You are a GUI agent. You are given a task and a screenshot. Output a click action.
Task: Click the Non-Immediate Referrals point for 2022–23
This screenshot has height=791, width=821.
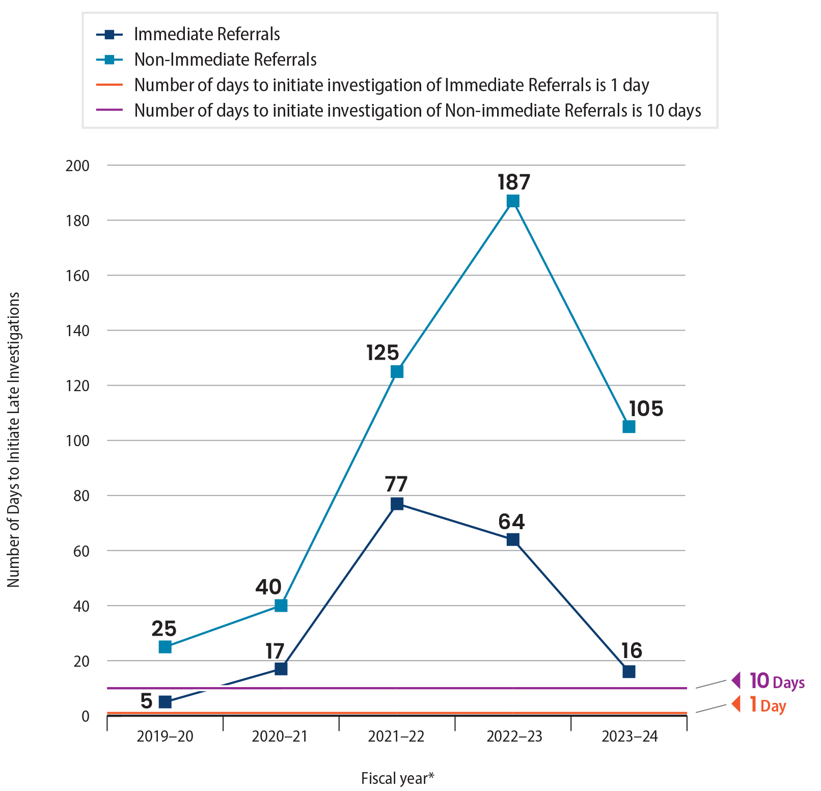[x=513, y=201]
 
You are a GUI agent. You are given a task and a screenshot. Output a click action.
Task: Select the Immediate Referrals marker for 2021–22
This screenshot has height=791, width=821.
[x=397, y=504]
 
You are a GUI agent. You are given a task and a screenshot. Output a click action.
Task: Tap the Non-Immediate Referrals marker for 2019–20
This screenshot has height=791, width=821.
[x=165, y=647]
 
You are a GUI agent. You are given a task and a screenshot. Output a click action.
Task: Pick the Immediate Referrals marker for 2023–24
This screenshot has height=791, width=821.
[x=629, y=671]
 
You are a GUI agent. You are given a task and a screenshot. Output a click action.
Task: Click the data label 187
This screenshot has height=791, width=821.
[x=514, y=182]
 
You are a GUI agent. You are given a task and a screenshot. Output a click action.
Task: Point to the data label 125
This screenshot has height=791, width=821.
[x=382, y=352]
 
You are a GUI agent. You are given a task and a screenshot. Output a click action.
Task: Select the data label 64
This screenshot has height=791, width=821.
[x=511, y=522]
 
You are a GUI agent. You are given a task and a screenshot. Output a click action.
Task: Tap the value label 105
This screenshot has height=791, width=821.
[x=646, y=408]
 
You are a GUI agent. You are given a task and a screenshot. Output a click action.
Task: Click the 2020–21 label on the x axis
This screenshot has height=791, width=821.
[x=280, y=737]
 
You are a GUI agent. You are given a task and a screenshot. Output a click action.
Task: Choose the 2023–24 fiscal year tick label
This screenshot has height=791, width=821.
[x=630, y=737]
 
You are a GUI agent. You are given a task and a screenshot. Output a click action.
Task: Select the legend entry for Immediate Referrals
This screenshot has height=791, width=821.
[x=207, y=34]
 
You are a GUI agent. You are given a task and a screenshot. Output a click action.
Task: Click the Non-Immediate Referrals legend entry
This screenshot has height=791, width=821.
[x=225, y=60]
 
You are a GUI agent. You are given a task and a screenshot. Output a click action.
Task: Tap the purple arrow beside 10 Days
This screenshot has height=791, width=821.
[x=736, y=680]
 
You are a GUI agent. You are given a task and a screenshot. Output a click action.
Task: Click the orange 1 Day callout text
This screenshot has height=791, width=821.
[x=768, y=705]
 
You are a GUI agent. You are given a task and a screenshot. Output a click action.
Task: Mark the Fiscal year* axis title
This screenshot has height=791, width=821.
[x=397, y=778]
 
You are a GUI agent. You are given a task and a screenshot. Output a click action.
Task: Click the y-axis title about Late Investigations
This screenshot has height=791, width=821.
[x=14, y=439]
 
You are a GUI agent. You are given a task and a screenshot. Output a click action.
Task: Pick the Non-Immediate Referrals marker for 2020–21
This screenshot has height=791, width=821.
[x=281, y=606]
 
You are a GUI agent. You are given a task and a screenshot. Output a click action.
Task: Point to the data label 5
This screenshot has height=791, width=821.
[x=146, y=701]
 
